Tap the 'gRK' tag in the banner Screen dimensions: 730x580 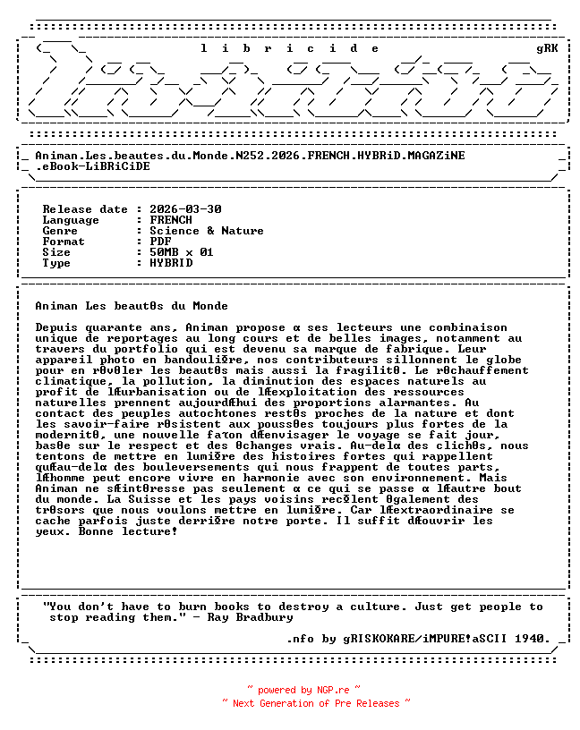point(547,48)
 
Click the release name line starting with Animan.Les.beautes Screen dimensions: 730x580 point(250,155)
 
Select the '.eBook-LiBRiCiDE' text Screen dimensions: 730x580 point(92,166)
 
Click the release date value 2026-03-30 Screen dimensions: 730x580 point(185,209)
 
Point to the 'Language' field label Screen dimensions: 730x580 point(71,220)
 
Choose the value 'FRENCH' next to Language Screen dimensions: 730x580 point(171,220)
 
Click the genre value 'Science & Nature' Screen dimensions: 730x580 point(207,231)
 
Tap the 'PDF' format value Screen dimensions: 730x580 point(160,242)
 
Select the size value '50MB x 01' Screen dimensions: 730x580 point(182,252)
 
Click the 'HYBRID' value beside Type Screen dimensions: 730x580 point(171,263)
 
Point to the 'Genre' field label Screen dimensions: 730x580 point(60,231)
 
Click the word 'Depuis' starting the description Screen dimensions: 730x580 point(56,327)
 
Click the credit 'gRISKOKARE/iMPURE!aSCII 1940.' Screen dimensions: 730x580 point(447,639)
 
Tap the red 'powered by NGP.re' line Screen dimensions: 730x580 point(304,690)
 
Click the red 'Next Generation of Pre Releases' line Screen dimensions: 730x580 point(316,703)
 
